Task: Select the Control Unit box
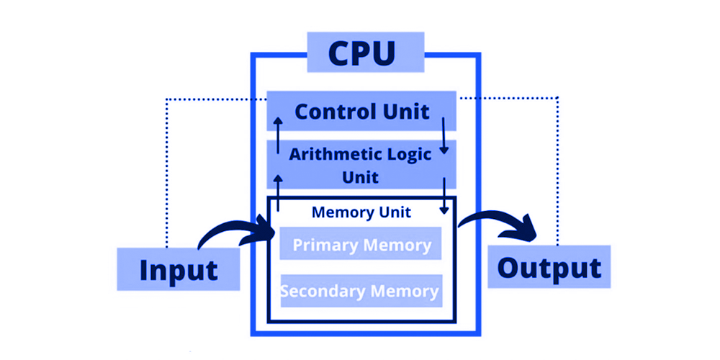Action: pos(361,112)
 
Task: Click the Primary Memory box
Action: pos(361,246)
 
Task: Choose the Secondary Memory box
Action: pos(361,291)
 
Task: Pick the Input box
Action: pos(178,270)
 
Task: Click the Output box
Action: pos(549,267)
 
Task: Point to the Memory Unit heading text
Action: pos(361,212)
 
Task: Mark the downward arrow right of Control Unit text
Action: pos(445,134)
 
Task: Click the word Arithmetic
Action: pos(328,153)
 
